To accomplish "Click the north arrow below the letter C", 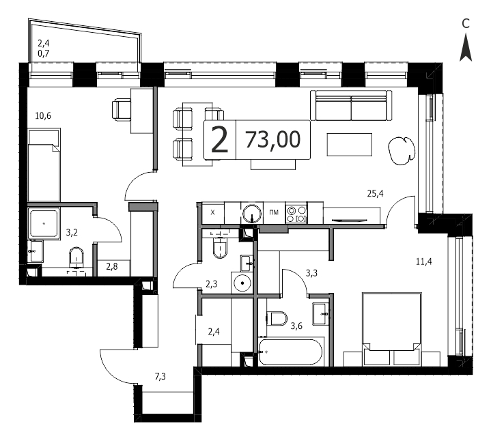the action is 466,48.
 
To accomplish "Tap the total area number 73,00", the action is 272,139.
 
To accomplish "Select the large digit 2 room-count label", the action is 219,139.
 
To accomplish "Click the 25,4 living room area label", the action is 375,194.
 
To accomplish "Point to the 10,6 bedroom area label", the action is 43,116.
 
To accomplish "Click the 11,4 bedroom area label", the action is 424,261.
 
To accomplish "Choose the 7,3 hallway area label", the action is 160,377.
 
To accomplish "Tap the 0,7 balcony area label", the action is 44,53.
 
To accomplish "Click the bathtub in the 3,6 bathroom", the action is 290,352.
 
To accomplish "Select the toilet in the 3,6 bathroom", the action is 277,319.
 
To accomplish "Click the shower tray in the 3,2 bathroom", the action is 44,223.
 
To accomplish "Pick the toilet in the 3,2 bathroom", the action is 76,258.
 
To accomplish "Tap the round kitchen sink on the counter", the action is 252,213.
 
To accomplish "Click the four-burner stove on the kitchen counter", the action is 296,214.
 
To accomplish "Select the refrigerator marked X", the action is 213,213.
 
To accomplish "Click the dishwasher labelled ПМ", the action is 274,213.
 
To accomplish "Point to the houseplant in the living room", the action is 402,151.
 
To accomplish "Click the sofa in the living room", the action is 351,106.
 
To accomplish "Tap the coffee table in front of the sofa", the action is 350,144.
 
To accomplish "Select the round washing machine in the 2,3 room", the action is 242,283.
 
